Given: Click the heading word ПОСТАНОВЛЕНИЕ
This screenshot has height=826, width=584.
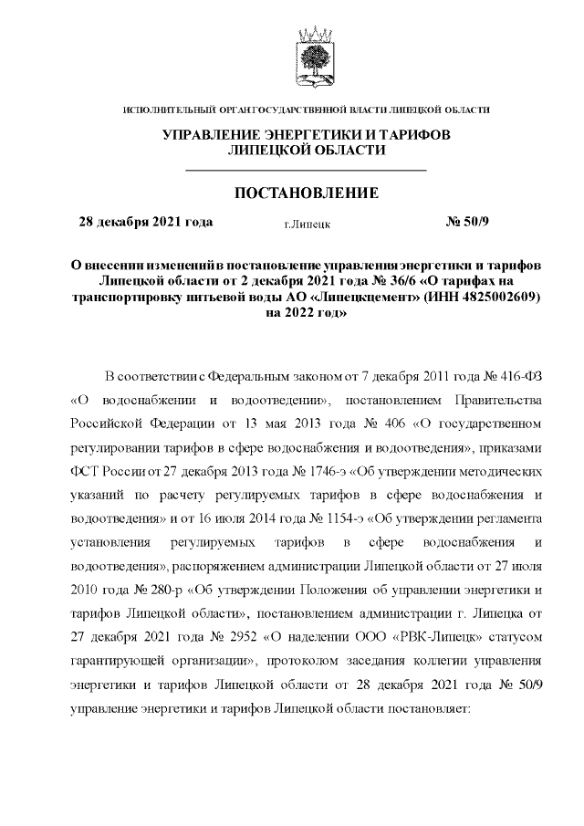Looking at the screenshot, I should (306, 193).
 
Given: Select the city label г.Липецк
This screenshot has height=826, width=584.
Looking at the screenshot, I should (308, 223).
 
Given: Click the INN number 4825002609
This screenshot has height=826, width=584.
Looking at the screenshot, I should (501, 297).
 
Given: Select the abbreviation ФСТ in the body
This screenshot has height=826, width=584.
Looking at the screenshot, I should (85, 474).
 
